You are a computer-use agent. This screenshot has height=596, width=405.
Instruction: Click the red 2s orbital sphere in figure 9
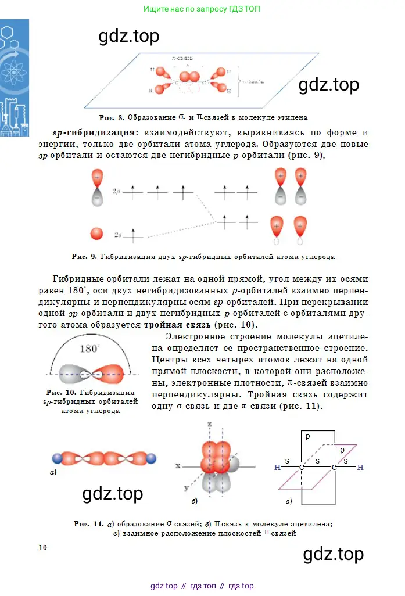coord(97,234)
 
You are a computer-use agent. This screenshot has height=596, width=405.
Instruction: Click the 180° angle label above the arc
coord(89,349)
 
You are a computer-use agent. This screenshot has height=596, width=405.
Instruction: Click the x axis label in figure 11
coord(178,465)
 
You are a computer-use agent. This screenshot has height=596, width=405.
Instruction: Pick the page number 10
coord(42,547)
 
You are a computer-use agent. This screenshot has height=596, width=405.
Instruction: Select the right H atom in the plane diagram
coord(360,467)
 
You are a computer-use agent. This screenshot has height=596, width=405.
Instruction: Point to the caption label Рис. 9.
coord(84,256)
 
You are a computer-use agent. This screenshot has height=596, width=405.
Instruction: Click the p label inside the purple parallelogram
coord(342,450)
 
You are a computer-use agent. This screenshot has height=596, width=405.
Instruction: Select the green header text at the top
coord(202,9)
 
